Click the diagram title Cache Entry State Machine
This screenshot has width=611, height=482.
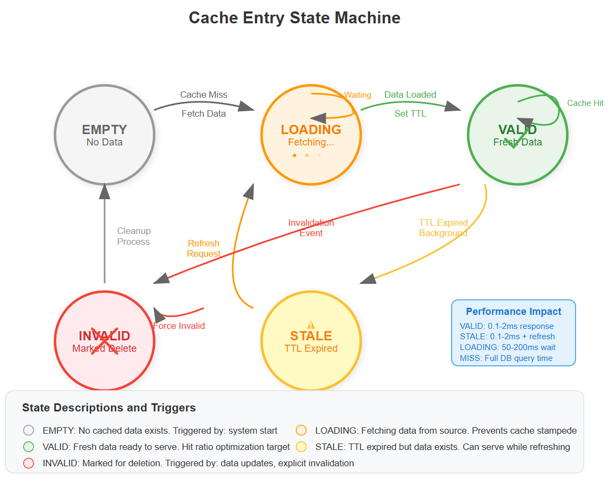coord(294,18)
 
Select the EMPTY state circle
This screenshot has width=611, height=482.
coord(104,135)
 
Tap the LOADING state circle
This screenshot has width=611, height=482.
coord(311,135)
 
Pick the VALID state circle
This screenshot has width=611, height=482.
coord(518,135)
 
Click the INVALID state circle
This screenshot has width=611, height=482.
coord(104,341)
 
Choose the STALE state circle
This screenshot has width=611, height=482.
coord(311,341)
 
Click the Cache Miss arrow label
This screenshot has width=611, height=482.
coord(204,94)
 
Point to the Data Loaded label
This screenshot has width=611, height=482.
coord(410,94)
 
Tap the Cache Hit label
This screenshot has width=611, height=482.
coord(585,103)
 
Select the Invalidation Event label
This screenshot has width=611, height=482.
coord(311,228)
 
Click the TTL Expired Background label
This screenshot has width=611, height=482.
coord(443,228)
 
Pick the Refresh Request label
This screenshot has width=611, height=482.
coord(204,249)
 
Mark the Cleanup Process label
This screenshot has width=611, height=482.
coord(134,237)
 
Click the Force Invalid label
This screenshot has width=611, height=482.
coord(179,326)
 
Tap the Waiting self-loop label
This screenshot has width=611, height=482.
coord(357,95)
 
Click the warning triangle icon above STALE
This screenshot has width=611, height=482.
coord(311,324)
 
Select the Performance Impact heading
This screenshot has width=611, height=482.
coord(513,312)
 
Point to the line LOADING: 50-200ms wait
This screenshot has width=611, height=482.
coord(507,347)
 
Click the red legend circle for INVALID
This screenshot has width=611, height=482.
coord(29,463)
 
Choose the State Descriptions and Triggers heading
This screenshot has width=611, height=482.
coord(109,408)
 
